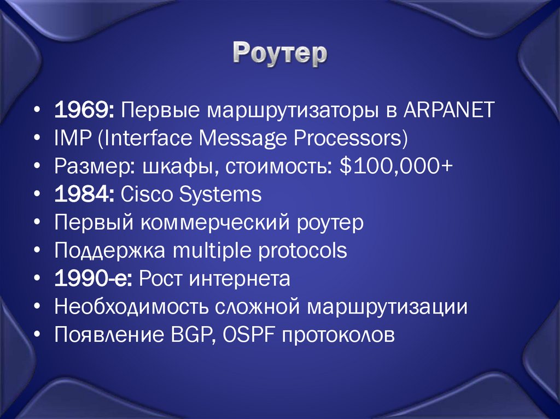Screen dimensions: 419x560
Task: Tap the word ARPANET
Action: pyautogui.click(x=449, y=110)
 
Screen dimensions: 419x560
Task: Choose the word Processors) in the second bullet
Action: pyautogui.click(x=352, y=138)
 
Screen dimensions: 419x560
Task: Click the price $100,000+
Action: pyautogui.click(x=395, y=167)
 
